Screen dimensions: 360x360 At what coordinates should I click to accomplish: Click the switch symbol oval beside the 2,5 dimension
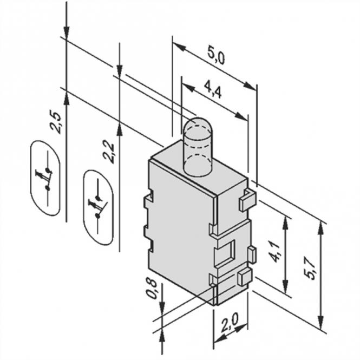[x=45, y=178]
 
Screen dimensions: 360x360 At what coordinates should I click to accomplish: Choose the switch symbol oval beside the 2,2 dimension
[x=98, y=208]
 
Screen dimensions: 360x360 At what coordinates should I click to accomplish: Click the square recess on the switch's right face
[x=224, y=253]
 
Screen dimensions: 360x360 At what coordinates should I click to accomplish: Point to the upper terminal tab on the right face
[x=246, y=199]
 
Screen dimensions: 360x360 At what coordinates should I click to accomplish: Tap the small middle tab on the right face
[x=251, y=253]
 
